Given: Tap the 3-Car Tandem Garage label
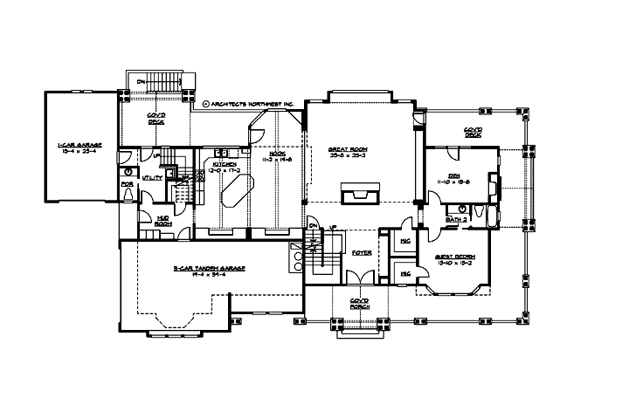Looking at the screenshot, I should point(199,271).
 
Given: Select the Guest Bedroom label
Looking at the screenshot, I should point(453,258).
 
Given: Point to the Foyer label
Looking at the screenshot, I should point(362,253).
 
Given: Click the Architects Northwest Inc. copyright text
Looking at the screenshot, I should point(253,103).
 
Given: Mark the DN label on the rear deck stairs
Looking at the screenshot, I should point(142,82).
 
